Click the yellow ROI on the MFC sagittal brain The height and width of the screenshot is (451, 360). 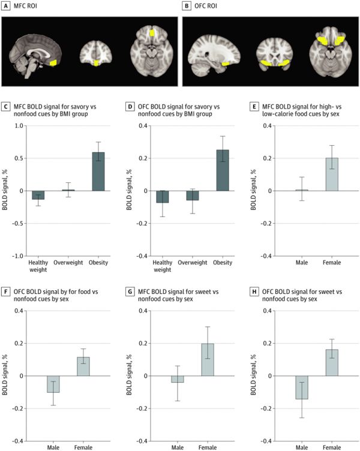point(55,62)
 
